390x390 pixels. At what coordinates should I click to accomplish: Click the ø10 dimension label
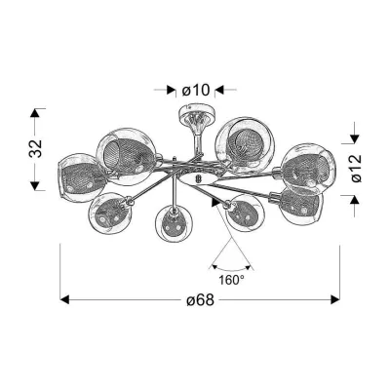(196, 90)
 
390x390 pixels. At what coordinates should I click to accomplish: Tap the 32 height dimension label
(36, 149)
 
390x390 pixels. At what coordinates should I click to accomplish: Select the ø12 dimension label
(356, 168)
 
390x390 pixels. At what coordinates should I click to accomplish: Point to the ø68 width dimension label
(200, 300)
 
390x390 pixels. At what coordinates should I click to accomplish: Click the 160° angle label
(231, 280)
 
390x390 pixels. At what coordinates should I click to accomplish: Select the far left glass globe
(80, 175)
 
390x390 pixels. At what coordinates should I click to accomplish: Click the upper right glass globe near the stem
(245, 145)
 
